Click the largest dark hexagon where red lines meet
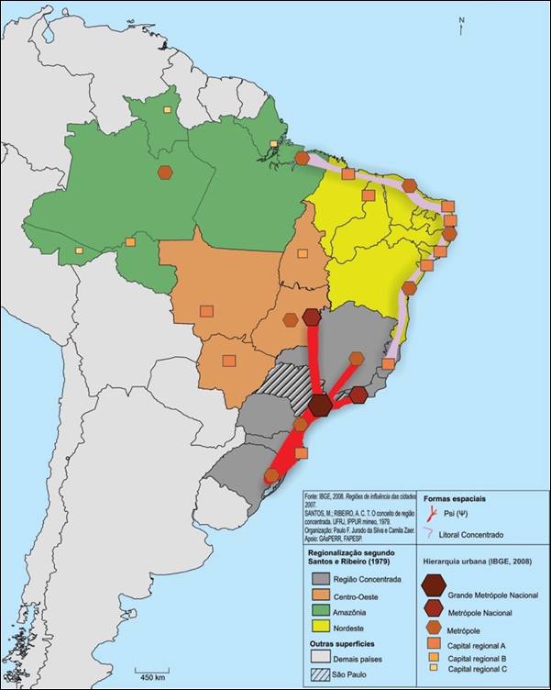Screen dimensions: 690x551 tap(321, 405)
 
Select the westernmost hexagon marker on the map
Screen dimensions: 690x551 tap(165, 172)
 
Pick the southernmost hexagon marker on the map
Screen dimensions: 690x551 tap(271, 474)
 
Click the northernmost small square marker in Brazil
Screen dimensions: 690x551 tap(167, 110)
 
